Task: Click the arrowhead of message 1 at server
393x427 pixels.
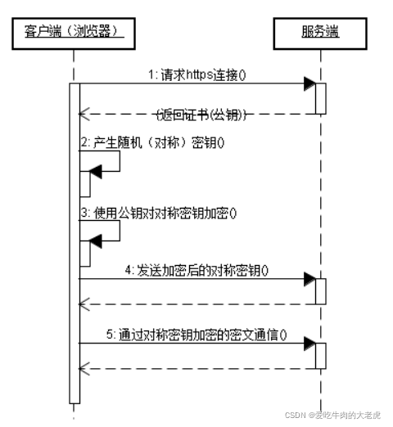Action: click(309, 83)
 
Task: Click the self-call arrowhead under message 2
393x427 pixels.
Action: click(95, 170)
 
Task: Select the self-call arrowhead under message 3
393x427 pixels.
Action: click(95, 240)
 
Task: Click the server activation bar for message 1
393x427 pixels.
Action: click(320, 98)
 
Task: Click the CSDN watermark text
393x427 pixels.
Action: click(332, 415)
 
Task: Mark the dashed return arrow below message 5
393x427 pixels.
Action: click(196, 368)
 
